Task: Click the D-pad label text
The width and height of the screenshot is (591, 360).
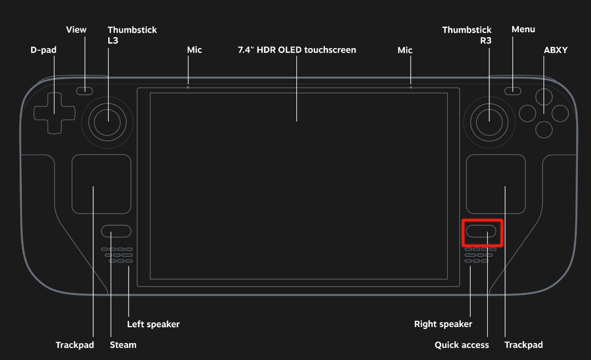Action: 43,50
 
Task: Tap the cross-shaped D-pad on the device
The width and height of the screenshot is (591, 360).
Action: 54,113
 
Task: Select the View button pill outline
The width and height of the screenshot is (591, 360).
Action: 84,91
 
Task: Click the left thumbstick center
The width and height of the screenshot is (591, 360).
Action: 107,122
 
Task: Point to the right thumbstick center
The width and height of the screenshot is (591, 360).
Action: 489,122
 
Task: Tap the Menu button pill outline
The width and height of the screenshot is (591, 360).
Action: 513,91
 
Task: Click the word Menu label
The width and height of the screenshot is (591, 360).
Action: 523,29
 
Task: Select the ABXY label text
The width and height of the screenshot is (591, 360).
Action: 555,50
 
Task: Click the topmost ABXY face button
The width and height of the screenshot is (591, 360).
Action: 544,97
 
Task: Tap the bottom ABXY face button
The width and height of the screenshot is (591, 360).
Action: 544,130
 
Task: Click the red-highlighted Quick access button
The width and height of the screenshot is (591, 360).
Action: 481,231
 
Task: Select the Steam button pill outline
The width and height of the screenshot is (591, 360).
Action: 116,231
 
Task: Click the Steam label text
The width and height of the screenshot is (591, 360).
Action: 123,345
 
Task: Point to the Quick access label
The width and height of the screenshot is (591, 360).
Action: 462,345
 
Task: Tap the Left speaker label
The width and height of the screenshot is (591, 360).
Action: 154,324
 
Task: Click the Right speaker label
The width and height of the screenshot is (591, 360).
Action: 443,324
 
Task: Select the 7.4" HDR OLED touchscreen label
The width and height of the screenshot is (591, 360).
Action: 297,50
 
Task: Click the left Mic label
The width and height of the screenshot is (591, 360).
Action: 195,50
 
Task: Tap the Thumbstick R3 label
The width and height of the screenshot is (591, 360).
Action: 467,35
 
